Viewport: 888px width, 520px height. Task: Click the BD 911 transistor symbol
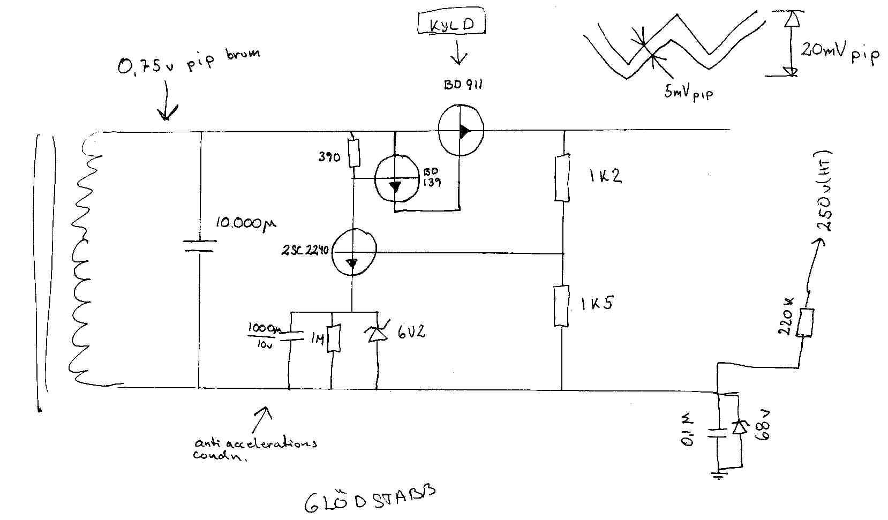[461, 130]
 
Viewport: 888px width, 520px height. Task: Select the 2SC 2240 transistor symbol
[353, 251]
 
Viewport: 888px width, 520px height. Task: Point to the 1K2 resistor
[561, 177]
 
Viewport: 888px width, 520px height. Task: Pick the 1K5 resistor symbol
[561, 306]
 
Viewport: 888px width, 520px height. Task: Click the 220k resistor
[804, 322]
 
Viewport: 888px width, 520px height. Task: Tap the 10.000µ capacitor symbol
[199, 246]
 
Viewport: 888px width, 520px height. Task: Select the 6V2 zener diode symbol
[377, 333]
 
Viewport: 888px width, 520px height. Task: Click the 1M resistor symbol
[333, 338]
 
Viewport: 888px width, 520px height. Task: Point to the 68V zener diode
[740, 427]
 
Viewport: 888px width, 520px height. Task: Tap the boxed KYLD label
[451, 24]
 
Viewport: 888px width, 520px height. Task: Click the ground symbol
[718, 474]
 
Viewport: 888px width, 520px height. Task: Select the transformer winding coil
[86, 262]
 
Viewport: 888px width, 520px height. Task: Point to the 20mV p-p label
[840, 52]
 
